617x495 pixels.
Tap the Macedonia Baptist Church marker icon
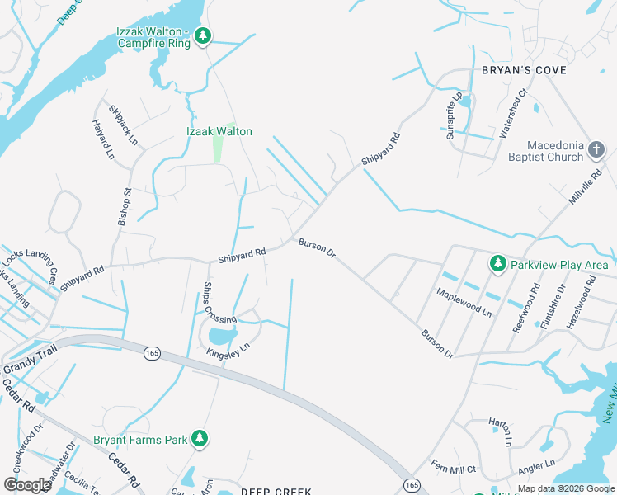(x=597, y=149)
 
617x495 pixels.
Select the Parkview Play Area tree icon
(x=497, y=263)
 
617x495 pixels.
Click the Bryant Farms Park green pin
(x=199, y=438)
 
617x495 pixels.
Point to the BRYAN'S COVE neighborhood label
(x=524, y=70)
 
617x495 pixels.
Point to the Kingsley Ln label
(x=228, y=352)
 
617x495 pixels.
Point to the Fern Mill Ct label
(x=454, y=469)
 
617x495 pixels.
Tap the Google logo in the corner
(x=28, y=485)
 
